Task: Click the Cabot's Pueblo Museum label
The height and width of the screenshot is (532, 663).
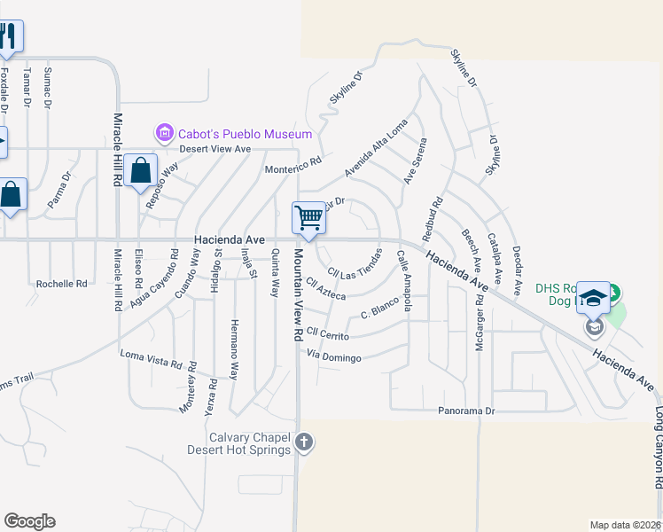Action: pyautogui.click(x=246, y=134)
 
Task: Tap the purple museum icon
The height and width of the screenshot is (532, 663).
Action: pyautogui.click(x=164, y=134)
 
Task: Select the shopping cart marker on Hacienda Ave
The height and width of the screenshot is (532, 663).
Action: pyautogui.click(x=308, y=217)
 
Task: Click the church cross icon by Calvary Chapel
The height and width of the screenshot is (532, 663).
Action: pyautogui.click(x=304, y=442)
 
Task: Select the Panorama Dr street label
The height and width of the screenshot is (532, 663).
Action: pyautogui.click(x=466, y=411)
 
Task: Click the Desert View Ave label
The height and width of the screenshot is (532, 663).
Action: pyautogui.click(x=215, y=149)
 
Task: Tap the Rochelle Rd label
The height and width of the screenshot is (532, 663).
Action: pyautogui.click(x=62, y=284)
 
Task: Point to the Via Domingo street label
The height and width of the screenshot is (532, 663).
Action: pyautogui.click(x=333, y=357)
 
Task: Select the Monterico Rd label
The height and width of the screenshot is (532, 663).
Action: pyautogui.click(x=292, y=168)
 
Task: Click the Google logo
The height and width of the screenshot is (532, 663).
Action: pyautogui.click(x=29, y=521)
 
